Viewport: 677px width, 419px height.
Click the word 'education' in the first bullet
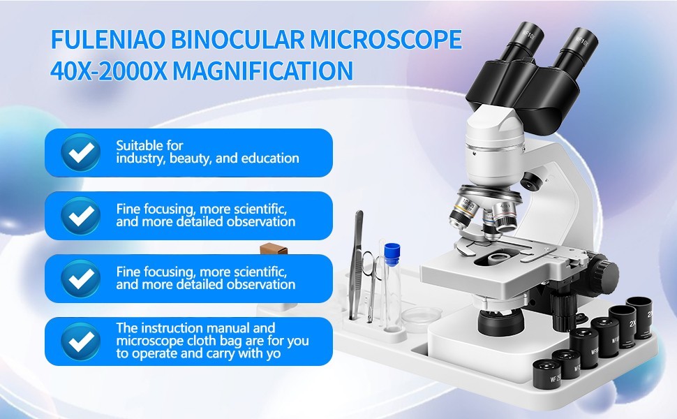click(x=270, y=159)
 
